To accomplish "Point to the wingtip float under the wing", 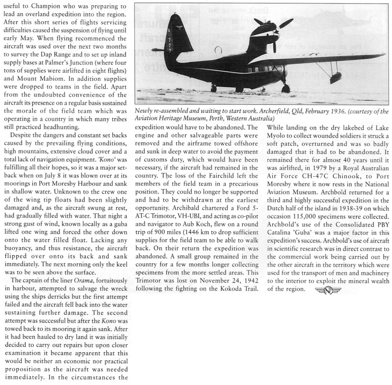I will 336,78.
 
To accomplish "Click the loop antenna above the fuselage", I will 219,50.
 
